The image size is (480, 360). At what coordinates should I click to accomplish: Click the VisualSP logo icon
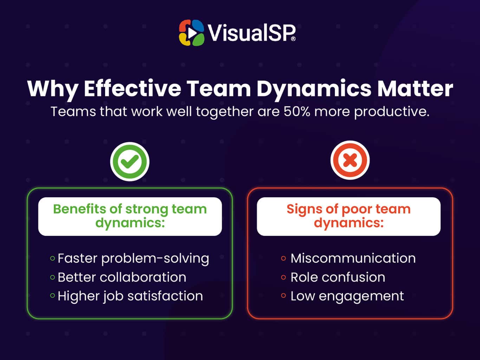pos(192,33)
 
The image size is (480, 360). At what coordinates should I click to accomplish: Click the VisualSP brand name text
pos(251,33)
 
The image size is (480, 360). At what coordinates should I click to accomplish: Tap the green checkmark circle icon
pos(130,162)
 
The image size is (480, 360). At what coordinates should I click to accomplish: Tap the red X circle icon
pos(350,161)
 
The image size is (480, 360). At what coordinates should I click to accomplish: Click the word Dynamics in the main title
pos(313,89)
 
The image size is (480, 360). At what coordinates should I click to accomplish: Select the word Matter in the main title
pos(415,89)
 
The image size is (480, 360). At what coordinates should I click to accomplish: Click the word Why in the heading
pos(52,89)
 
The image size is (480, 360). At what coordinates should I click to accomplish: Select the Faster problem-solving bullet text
pos(133,258)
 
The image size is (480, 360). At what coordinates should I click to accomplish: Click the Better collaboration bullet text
pos(122,277)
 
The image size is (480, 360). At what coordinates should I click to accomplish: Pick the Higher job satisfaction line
pos(130,296)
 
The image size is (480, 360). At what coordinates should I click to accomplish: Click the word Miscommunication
pos(353,258)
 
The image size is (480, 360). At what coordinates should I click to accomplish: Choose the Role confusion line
pos(338,277)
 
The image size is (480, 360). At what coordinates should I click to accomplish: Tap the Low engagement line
pos(347,296)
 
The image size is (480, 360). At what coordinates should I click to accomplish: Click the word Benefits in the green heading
pos(79,209)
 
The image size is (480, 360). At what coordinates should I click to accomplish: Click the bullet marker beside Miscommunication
pos(284,258)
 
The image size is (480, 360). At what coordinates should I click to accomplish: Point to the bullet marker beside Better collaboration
pos(52,277)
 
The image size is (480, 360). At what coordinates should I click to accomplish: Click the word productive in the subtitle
pos(391,112)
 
